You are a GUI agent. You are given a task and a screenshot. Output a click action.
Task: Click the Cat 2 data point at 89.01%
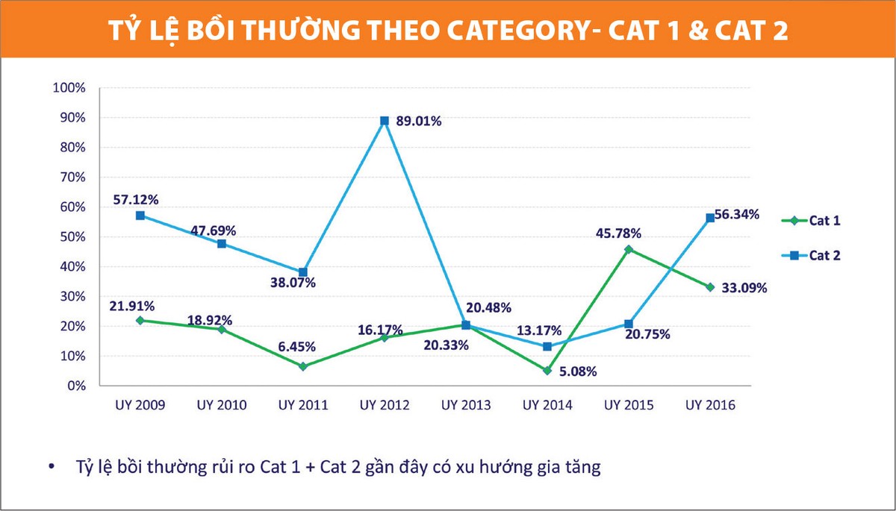tap(385, 121)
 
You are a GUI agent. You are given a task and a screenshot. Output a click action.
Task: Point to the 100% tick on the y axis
tap(69, 88)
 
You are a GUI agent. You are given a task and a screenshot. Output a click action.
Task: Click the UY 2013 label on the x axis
tap(466, 405)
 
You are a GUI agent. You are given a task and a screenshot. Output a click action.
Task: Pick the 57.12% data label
tap(136, 199)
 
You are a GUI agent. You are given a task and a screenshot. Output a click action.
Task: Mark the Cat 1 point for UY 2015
tap(629, 249)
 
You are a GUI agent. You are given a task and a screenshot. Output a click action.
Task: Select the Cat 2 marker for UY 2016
tap(710, 218)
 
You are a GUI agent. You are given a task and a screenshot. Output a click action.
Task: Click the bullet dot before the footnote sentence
tap(51, 468)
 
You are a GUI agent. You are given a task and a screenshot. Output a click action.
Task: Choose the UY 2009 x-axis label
tap(140, 405)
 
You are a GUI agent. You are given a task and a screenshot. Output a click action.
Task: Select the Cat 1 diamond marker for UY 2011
tap(303, 366)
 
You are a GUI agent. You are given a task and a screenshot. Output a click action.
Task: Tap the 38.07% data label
tap(293, 283)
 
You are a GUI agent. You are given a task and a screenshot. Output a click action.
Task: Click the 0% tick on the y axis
tap(75, 386)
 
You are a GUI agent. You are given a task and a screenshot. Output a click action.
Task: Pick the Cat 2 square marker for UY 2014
tap(547, 346)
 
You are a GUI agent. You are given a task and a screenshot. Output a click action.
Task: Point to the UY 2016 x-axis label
tap(710, 405)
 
